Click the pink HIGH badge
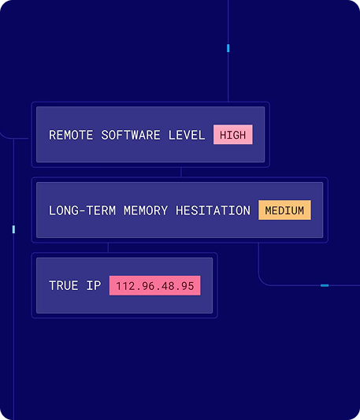[x=232, y=135]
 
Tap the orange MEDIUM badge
[x=284, y=210]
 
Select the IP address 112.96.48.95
[x=155, y=286]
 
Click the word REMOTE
[x=71, y=135]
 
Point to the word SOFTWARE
[x=131, y=135]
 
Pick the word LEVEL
[x=187, y=135]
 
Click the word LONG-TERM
[x=82, y=210]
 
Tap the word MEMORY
[x=146, y=210]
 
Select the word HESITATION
[x=213, y=210]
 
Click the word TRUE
[x=64, y=285]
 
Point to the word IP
[x=94, y=285]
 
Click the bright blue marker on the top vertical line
[x=228, y=48]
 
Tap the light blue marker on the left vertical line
[x=13, y=229]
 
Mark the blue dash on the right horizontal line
[x=325, y=285]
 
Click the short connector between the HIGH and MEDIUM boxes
[x=181, y=173]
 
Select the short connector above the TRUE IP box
[x=108, y=247]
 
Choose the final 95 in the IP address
[x=187, y=286]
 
